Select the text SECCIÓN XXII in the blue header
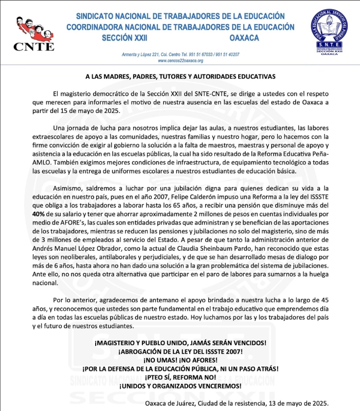pos(124,38)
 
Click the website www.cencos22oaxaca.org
pos(181,61)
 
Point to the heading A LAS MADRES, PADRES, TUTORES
pos(181,76)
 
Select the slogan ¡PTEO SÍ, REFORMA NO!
pos(181,377)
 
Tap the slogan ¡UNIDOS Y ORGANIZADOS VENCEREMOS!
pos(181,386)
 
